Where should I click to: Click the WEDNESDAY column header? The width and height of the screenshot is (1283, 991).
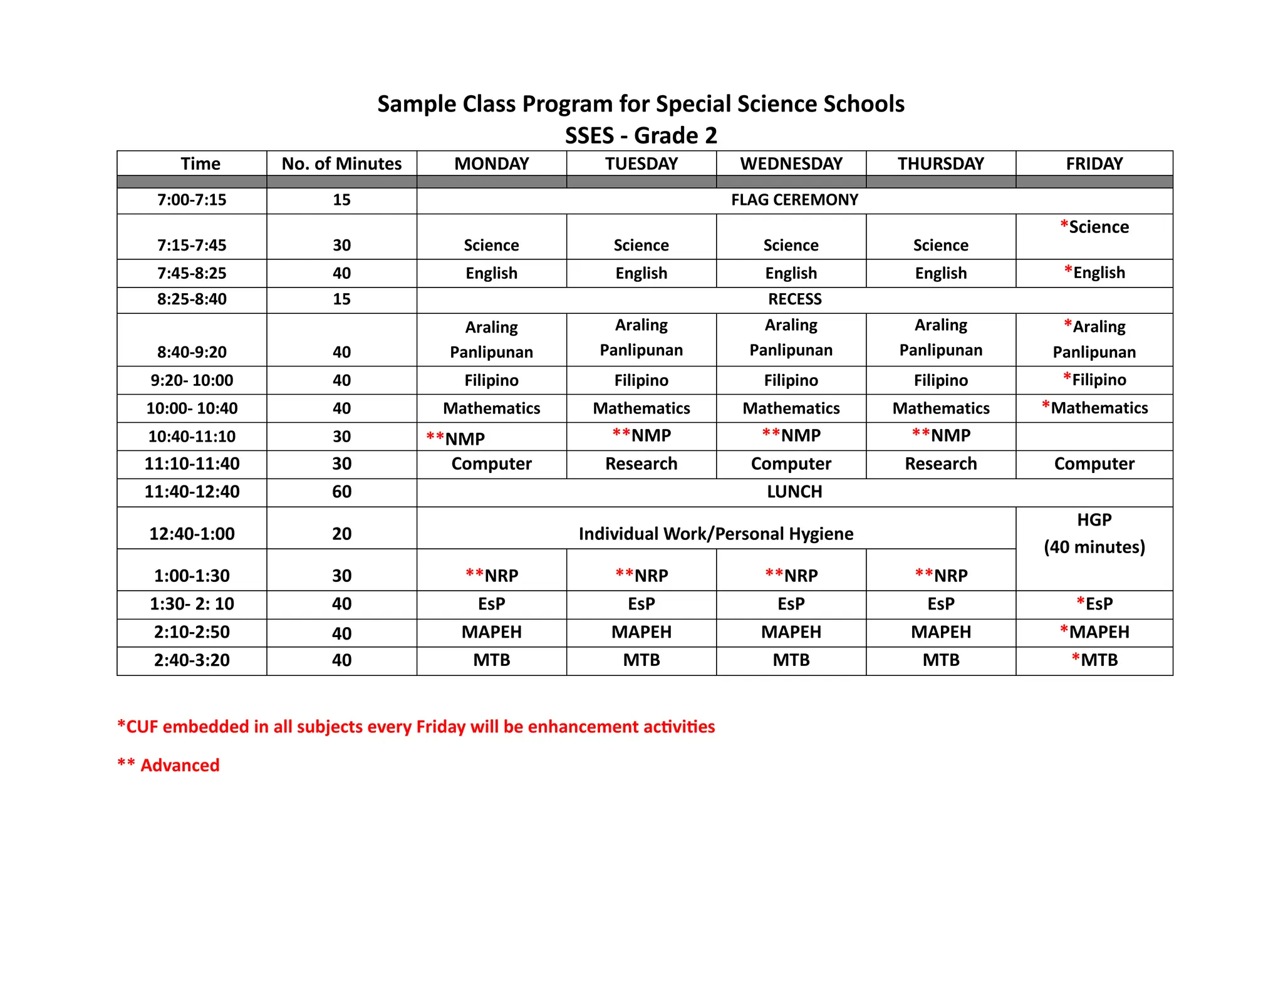coord(791,163)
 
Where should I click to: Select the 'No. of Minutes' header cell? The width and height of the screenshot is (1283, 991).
coord(341,163)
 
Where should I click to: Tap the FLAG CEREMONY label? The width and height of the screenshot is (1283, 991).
coord(794,200)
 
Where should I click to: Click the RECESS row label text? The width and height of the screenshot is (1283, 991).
coord(794,299)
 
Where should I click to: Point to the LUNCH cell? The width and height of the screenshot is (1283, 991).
coord(794,492)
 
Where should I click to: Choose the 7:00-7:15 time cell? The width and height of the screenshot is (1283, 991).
coord(192,200)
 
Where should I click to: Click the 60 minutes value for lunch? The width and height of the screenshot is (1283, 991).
coord(341,492)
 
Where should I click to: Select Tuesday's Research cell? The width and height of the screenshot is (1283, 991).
coord(641,464)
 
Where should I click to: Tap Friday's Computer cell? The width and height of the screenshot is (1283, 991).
coord(1094,464)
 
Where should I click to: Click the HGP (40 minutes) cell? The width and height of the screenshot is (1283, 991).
coord(1094,534)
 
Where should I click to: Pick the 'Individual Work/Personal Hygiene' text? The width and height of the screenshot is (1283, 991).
coord(715,534)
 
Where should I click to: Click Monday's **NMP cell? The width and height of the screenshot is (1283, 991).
coord(455,438)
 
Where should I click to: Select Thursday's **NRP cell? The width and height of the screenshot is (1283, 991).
coord(941,575)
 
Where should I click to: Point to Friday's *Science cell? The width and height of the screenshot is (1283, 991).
coord(1094,227)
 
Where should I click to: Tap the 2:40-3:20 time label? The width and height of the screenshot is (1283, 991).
coord(192,660)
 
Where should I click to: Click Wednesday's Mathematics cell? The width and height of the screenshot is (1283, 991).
coord(791,408)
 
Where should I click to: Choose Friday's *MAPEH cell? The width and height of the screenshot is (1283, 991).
coord(1094,631)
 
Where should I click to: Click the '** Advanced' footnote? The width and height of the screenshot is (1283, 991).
coord(169,765)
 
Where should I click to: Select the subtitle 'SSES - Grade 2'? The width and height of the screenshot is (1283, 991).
coord(641,135)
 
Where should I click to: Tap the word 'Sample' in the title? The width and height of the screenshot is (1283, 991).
coord(416,104)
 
